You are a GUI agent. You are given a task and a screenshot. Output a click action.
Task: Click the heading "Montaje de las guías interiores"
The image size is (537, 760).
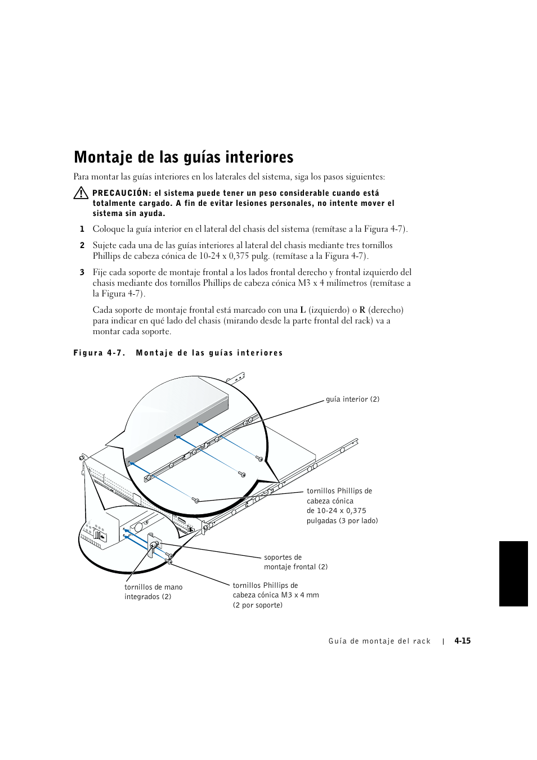pos(184,156)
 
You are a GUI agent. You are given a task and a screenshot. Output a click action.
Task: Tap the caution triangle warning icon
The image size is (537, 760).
pos(80,194)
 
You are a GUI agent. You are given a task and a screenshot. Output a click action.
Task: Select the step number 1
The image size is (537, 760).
pos(82,229)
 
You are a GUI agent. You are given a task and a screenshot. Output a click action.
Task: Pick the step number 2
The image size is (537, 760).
pos(82,245)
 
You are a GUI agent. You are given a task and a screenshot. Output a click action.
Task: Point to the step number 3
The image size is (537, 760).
pos(82,272)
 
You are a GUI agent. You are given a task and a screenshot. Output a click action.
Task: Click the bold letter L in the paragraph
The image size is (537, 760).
pos(303,310)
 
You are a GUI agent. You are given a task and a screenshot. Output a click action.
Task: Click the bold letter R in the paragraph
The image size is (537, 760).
pos(363,310)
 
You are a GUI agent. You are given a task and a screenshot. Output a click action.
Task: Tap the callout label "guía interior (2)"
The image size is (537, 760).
pos(352,399)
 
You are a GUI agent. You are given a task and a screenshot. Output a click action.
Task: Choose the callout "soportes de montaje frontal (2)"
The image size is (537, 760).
pos(296,562)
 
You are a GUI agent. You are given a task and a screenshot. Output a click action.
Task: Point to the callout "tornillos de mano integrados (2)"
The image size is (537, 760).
pos(153,592)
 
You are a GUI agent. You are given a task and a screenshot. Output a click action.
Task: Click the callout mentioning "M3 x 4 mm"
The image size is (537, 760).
pos(276,595)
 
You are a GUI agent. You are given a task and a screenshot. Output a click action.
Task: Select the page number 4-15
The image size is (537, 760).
pos(463,641)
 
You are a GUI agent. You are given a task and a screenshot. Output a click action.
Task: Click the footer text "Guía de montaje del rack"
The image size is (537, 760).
pos(379,641)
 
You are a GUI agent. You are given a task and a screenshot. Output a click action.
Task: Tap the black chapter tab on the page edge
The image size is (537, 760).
pos(513,574)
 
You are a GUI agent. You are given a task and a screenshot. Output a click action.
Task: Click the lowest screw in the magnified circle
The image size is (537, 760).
pos(196,500)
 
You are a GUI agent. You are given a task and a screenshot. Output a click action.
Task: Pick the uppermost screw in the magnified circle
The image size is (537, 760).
pos(259,459)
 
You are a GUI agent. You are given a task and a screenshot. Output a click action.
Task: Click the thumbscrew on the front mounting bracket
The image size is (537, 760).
pos(153,545)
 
